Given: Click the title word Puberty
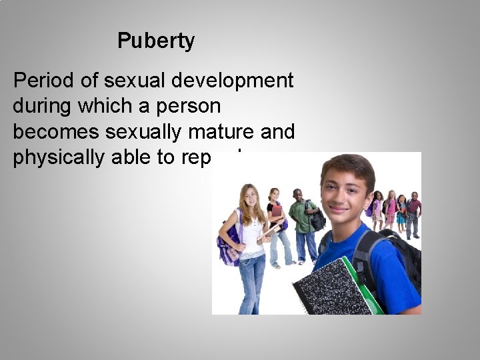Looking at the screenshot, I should [x=156, y=41].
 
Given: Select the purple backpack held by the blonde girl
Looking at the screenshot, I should [x=227, y=243].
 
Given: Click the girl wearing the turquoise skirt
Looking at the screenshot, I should [x=401, y=213].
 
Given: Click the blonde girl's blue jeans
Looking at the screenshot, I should [x=252, y=283].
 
